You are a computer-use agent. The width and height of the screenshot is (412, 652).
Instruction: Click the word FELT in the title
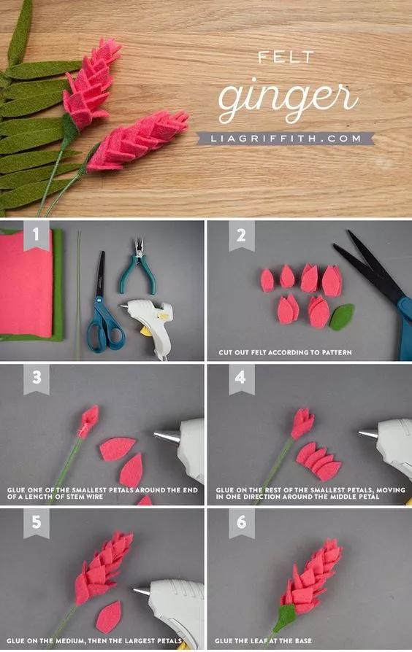click(286, 57)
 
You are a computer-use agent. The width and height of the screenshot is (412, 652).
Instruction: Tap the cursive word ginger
click(287, 100)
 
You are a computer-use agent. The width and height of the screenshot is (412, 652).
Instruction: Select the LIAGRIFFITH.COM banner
click(286, 139)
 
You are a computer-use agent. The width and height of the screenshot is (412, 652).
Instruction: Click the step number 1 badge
click(37, 235)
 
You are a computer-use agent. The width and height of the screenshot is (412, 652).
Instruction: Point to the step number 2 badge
click(242, 236)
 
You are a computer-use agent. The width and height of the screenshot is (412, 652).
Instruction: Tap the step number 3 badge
click(37, 379)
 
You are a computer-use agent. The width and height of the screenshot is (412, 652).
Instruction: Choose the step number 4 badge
click(242, 379)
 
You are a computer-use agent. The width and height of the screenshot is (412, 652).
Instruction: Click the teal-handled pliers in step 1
click(137, 266)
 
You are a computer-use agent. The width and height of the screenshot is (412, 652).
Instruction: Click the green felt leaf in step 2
click(342, 317)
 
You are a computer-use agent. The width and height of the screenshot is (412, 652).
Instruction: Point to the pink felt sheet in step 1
click(26, 283)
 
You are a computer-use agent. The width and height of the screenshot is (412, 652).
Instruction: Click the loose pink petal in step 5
click(108, 617)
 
